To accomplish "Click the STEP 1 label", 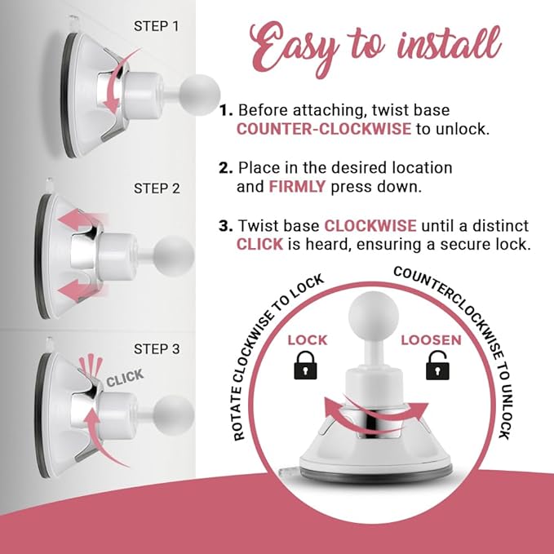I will [x=157, y=25].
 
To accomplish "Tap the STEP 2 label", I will [x=157, y=188].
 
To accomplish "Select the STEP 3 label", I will [x=157, y=350].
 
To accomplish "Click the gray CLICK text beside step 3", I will [x=124, y=377].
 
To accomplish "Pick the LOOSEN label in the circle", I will [x=430, y=339].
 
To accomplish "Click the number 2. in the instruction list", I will [x=226, y=168].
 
